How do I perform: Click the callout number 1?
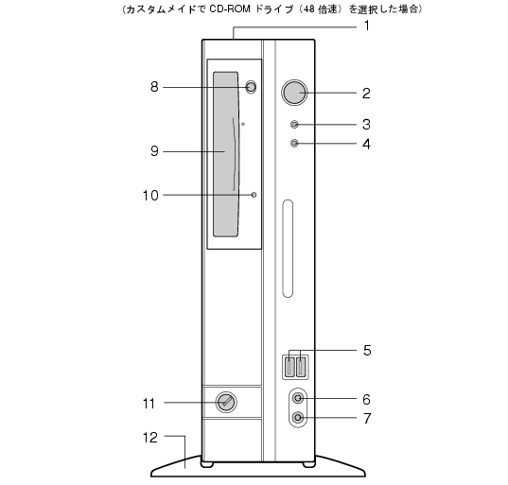pos(367,26)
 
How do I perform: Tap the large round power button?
pos(294,93)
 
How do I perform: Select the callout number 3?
pos(366,125)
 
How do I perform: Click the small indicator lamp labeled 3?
pos(294,125)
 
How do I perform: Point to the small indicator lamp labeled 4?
pos(294,143)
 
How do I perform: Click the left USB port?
pos(289,367)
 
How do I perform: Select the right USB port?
pos(302,367)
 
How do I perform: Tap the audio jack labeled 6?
pos(298,398)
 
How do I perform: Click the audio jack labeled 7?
pos(298,417)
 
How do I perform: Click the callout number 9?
pos(154,151)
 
